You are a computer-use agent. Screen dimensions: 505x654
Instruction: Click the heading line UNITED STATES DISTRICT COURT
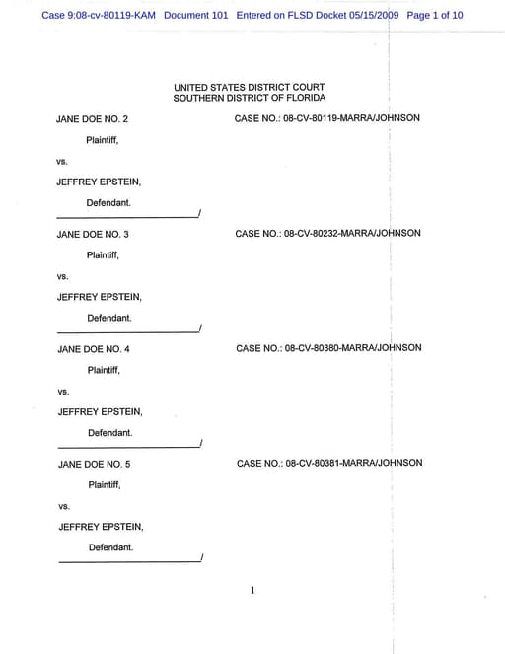(249, 88)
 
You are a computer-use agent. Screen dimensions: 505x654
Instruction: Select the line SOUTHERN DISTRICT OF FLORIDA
(249, 98)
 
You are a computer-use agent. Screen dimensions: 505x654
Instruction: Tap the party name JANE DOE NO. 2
(93, 119)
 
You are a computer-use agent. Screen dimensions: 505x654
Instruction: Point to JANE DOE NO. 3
(93, 234)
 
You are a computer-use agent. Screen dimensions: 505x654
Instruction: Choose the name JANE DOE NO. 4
(94, 349)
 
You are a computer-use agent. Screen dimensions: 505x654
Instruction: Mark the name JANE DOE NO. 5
(95, 464)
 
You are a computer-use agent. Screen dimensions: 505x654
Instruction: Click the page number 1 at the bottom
(252, 590)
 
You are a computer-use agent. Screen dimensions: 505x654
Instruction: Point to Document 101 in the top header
(196, 16)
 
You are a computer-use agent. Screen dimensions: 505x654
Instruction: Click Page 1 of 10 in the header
(434, 16)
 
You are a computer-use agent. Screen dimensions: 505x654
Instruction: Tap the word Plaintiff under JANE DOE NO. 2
(103, 140)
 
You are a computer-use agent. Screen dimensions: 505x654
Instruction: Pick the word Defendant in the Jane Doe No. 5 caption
(110, 547)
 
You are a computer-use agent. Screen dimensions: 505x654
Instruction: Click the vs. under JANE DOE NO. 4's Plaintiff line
(64, 392)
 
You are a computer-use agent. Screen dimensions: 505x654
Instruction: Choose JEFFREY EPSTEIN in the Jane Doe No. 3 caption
(100, 297)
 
